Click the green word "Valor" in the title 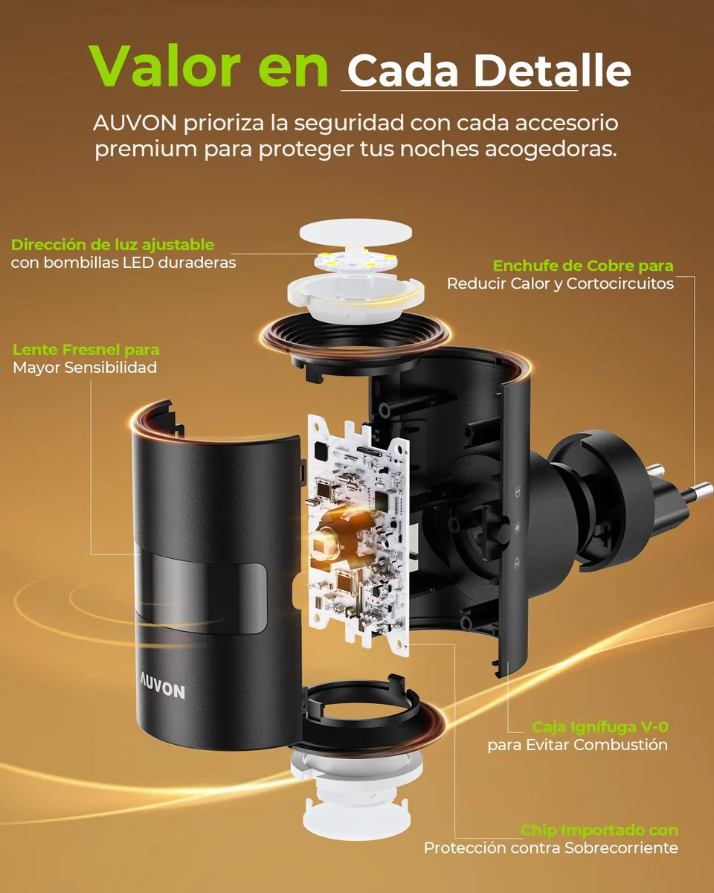click(164, 66)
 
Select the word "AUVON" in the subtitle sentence click(135, 124)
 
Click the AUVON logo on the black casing click(162, 689)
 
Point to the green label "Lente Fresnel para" click(86, 350)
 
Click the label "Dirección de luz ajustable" click(112, 245)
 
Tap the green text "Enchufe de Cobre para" click(583, 266)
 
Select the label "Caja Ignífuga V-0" click(600, 727)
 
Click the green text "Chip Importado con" click(599, 830)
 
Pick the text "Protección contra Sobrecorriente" click(551, 848)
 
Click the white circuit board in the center click(358, 535)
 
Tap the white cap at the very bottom click(357, 819)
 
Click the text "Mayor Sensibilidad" click(85, 368)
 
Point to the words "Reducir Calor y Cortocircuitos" click(560, 284)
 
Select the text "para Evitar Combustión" click(577, 745)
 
